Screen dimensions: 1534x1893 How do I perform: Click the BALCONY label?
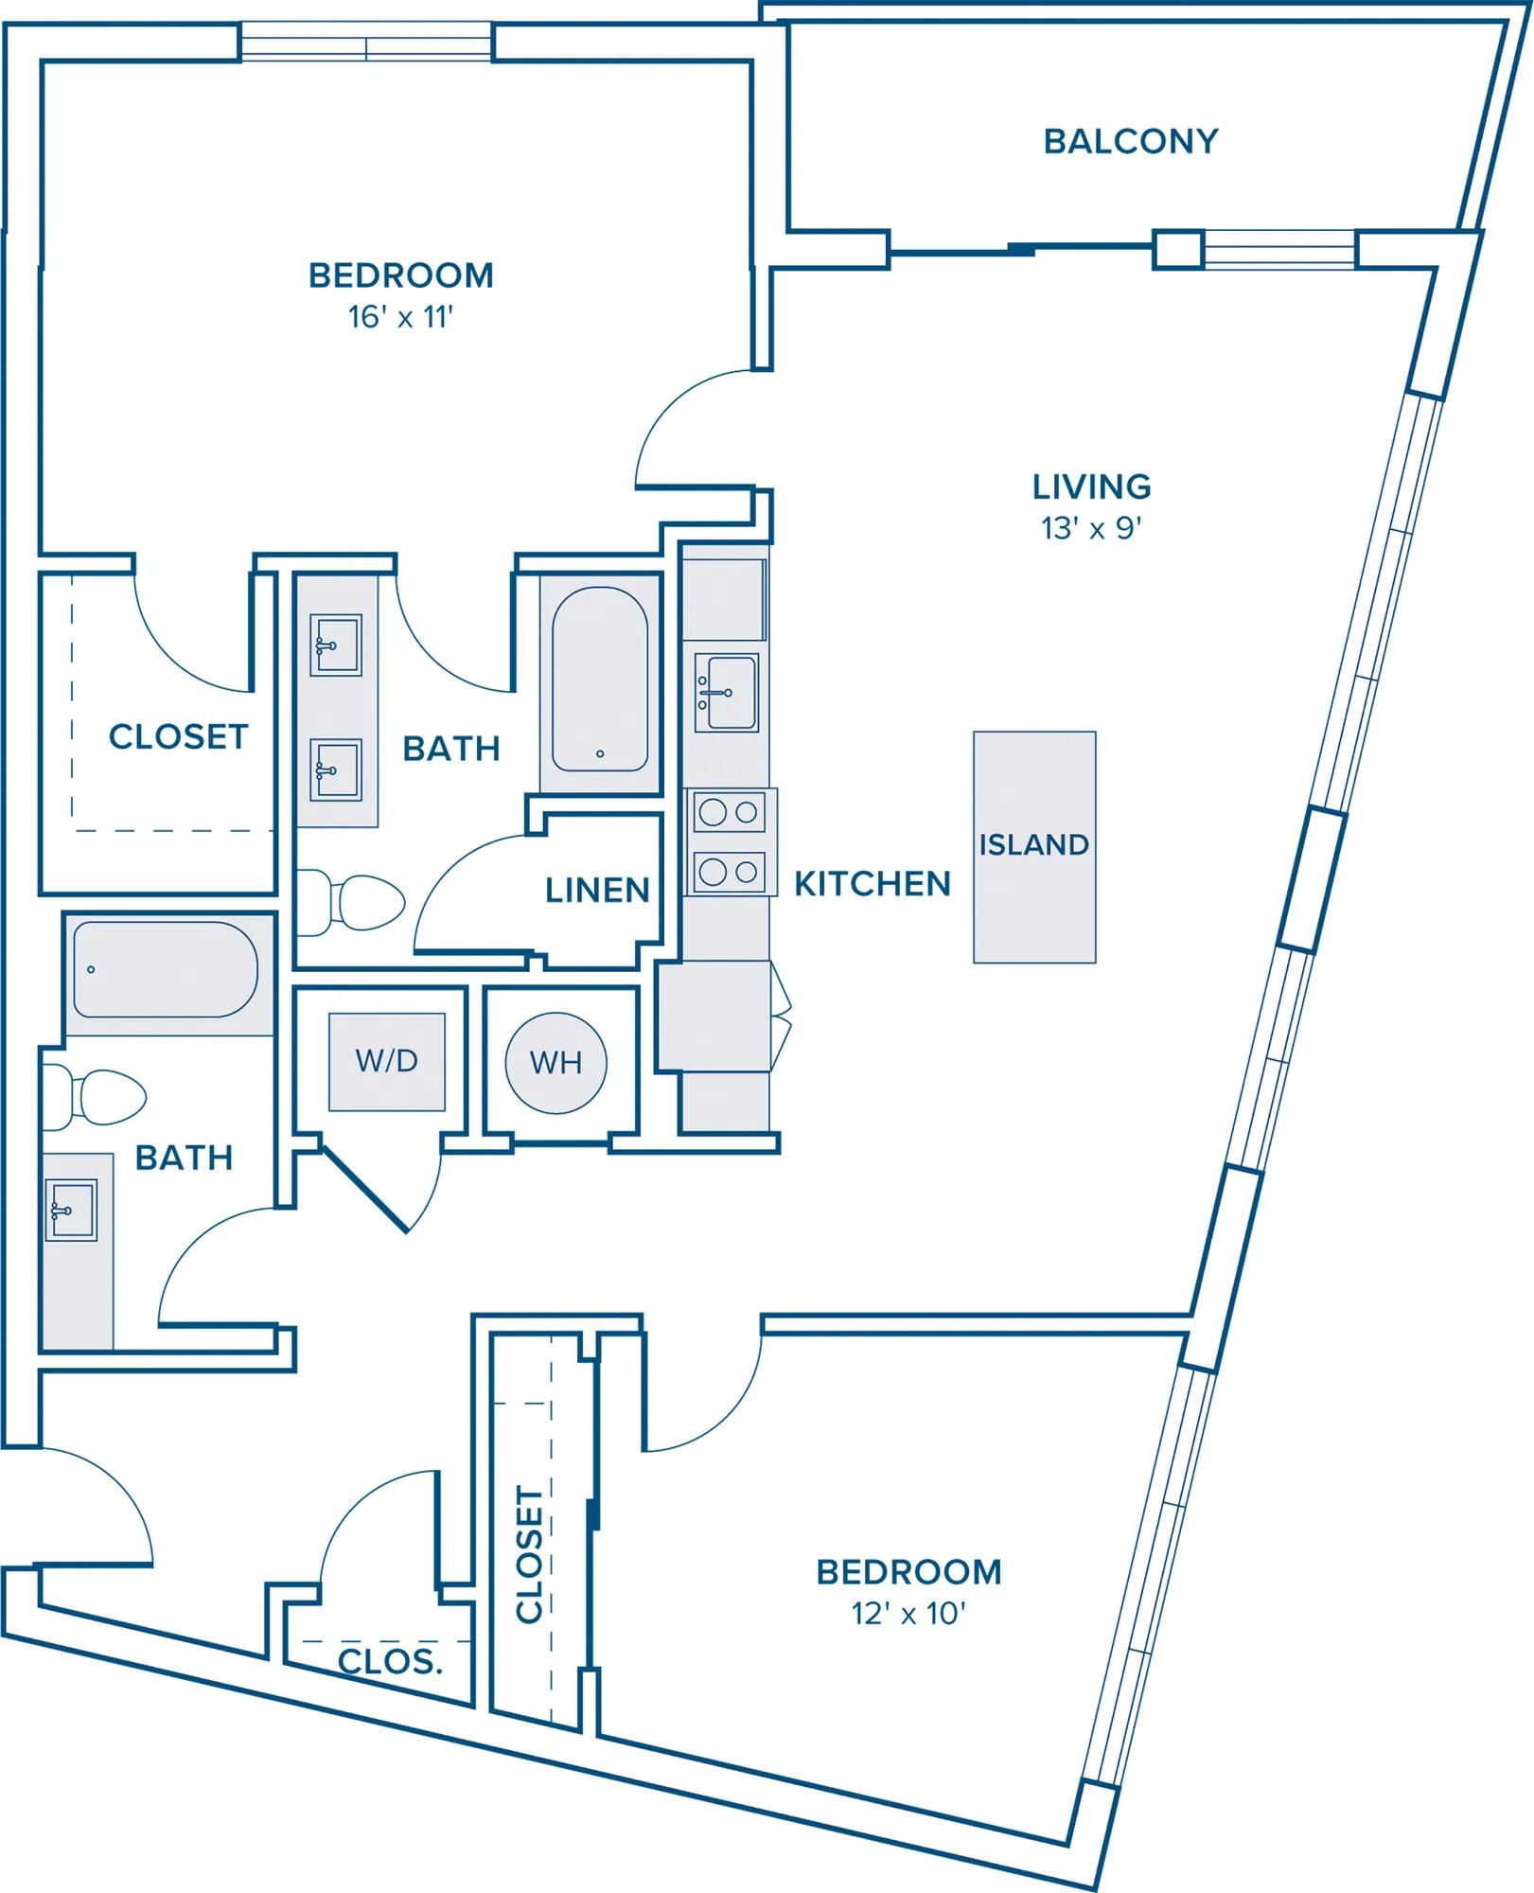pos(1130,141)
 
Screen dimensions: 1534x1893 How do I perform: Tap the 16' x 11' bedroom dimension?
pos(400,316)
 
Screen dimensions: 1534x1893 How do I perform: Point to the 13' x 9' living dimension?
pos(1091,527)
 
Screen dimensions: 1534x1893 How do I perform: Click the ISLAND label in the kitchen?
pos(1033,844)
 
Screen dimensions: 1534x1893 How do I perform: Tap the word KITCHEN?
pos(872,883)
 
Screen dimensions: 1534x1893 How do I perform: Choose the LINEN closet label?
pos(597,890)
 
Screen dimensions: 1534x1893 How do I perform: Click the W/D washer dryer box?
pos(386,1061)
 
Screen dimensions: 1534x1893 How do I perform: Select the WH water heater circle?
pos(555,1063)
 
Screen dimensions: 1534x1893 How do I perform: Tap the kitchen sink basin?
pos(727,692)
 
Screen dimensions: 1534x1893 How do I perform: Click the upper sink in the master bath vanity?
pos(336,646)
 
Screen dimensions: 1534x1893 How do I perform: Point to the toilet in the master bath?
pos(351,902)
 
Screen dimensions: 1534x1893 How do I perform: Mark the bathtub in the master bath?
pos(600,680)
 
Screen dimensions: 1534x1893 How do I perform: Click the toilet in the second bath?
pos(95,1097)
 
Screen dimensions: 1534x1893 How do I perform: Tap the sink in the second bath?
pos(71,1210)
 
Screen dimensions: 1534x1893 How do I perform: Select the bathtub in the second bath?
pos(166,969)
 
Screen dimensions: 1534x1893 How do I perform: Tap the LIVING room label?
pos(1091,487)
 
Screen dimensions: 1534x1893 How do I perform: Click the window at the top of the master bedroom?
pos(366,43)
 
